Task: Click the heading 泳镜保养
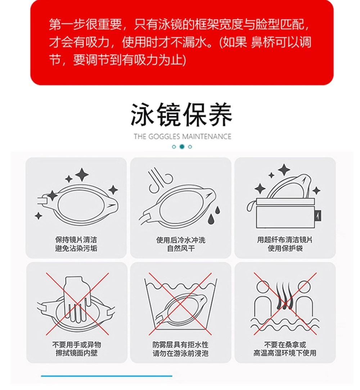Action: coord(181,115)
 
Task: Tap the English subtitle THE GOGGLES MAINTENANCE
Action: coord(182,137)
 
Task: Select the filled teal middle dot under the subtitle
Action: coord(182,147)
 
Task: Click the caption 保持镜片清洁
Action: coord(76,240)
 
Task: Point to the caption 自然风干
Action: coord(181,248)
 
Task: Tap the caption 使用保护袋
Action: coord(285,248)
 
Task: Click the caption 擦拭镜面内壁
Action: coord(76,353)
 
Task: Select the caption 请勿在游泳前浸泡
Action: coord(180,353)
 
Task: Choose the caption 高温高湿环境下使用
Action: coord(285,353)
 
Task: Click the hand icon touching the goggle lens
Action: coord(76,299)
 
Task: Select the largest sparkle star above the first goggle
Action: coord(82,174)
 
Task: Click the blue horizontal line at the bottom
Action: coord(107,376)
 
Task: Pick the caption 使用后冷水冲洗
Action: coord(181,240)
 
